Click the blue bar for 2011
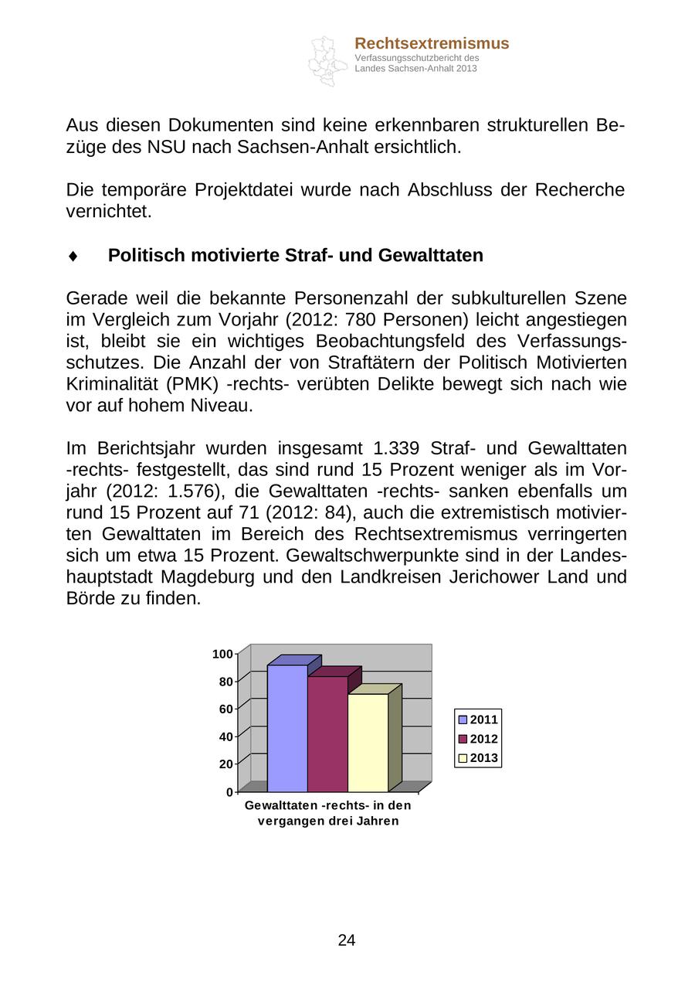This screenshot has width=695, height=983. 287,728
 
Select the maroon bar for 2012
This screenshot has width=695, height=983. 327,734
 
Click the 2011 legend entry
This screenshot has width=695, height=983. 478,719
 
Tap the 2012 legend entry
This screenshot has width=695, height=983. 478,739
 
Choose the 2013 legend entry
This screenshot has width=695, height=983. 478,757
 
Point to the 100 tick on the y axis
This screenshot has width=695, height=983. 222,655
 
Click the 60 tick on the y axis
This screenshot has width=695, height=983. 225,709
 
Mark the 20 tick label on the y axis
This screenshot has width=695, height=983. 225,764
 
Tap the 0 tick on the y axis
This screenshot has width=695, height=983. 229,792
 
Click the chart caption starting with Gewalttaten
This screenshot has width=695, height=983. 327,813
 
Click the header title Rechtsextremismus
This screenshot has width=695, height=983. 432,43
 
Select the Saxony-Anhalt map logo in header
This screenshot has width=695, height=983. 326,60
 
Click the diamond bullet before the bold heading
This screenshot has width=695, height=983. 73,256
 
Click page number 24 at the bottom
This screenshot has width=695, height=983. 347,940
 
